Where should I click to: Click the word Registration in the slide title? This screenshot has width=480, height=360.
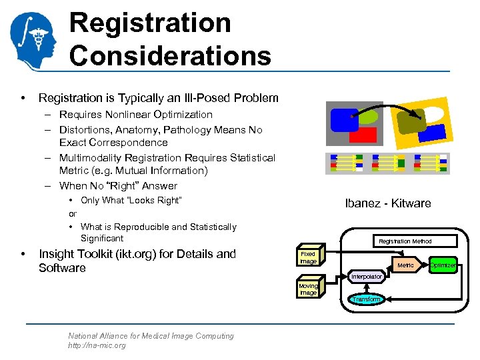pyautogui.click(x=150, y=23)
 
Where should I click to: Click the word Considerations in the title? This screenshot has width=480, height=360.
pyautogui.click(x=170, y=55)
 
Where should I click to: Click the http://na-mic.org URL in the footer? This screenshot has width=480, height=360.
pyautogui.click(x=97, y=345)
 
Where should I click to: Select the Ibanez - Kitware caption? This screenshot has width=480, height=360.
pyautogui.click(x=387, y=203)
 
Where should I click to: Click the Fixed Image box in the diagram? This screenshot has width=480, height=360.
pyautogui.click(x=308, y=258)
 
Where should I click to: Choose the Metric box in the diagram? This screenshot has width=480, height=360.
pyautogui.click(x=405, y=265)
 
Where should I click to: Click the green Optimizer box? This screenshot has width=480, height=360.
pyautogui.click(x=443, y=265)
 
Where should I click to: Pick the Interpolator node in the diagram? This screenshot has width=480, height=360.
pyautogui.click(x=366, y=276)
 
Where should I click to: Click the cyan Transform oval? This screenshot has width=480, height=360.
pyautogui.click(x=366, y=299)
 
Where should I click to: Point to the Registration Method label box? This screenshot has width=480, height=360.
pyautogui.click(x=405, y=241)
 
